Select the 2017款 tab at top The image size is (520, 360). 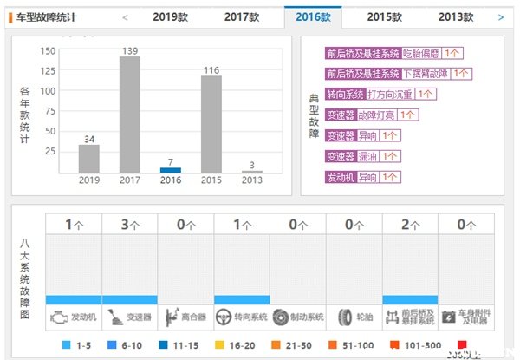point(242,16)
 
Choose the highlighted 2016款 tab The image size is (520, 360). point(313,16)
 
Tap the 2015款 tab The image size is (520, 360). point(384,16)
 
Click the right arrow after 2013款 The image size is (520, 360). point(500,16)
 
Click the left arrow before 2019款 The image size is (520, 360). point(125,16)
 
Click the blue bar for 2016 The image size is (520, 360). point(171,170)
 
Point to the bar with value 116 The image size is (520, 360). point(211,124)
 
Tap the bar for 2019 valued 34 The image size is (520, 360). point(88,158)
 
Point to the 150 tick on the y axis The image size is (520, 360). point(49,50)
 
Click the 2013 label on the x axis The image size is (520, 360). point(251,180)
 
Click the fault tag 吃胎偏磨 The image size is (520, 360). point(422,54)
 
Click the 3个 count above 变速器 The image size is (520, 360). point(129,225)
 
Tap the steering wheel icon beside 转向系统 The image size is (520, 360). point(224,317)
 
